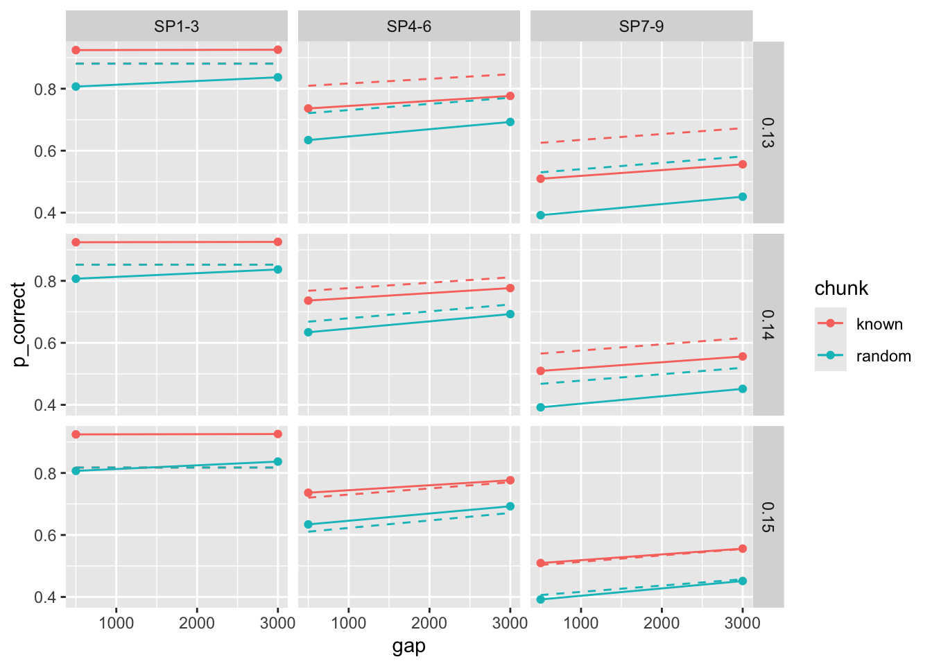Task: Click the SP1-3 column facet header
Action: pos(177,26)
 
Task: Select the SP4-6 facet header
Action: pos(409,26)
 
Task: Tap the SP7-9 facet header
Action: pos(641,26)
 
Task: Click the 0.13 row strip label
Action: pos(768,133)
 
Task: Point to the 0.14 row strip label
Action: pos(768,325)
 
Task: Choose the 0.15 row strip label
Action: pos(768,517)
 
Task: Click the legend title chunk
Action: pos(841,288)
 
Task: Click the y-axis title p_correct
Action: pos(19,324)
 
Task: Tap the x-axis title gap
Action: pos(409,647)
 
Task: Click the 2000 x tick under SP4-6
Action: pos(429,622)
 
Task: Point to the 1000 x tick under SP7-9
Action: pos(580,622)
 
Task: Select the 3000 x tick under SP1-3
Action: pos(277,622)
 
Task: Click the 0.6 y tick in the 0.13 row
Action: pos(45,151)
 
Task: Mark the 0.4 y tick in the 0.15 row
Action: pos(45,597)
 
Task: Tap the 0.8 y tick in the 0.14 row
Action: pos(45,281)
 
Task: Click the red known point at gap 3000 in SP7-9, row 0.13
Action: pos(743,164)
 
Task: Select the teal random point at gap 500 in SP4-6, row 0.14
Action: pos(309,332)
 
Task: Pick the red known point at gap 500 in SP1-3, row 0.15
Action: pos(76,434)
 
